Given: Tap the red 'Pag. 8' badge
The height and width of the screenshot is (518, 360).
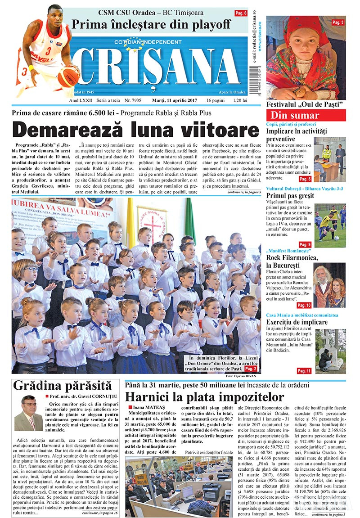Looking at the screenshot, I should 241,14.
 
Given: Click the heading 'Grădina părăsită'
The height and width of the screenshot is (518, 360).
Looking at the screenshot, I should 62,385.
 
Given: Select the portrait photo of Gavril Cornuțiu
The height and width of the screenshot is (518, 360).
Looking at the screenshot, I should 28,413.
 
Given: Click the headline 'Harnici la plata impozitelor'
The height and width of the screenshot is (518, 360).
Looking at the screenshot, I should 204,396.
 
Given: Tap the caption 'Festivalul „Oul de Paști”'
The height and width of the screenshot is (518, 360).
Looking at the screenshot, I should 305,104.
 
